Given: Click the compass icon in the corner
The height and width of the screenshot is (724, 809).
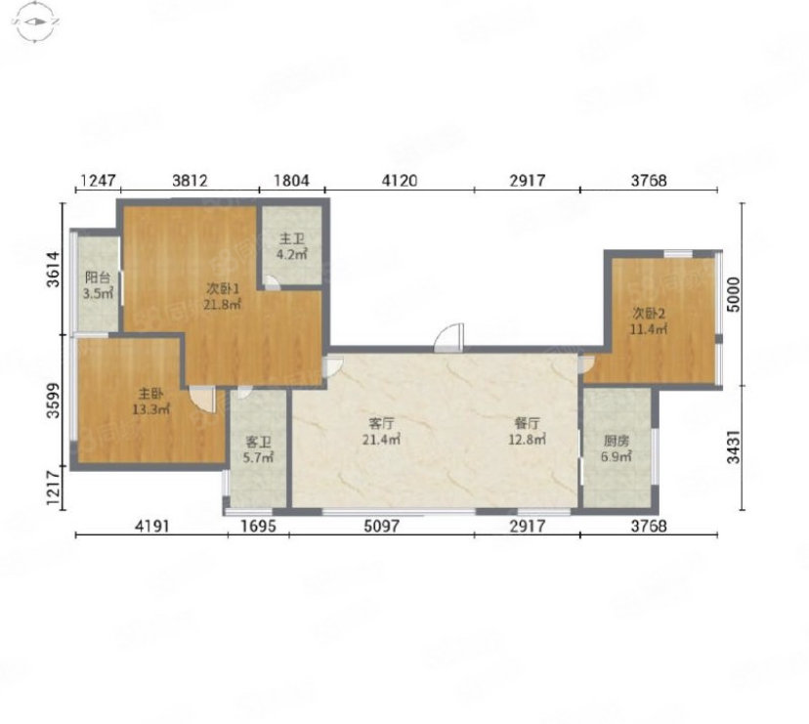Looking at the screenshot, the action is [x=36, y=21].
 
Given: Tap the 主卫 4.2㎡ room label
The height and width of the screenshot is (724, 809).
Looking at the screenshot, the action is [x=292, y=246].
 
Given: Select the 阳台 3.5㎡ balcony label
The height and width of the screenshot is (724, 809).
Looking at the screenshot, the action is [x=98, y=286].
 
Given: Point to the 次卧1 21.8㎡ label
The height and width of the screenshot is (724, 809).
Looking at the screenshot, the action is [x=223, y=296].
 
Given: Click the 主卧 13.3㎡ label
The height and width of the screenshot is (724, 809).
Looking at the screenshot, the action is [x=151, y=402].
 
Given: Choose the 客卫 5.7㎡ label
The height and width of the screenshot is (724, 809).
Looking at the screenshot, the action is [x=259, y=449].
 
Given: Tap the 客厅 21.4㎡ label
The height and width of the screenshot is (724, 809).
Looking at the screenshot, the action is [x=381, y=432].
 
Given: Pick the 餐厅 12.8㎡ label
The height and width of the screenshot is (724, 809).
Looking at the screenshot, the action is [x=527, y=432].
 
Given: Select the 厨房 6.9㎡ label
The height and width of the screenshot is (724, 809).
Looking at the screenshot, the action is [x=617, y=448].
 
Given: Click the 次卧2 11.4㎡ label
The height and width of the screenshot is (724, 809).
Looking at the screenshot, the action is [x=649, y=321].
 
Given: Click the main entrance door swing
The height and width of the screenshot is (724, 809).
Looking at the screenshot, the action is [x=448, y=338].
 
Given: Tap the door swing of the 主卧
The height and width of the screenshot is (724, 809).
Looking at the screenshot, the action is [x=202, y=400].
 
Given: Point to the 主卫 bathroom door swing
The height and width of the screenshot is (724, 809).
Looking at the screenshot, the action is [x=272, y=281].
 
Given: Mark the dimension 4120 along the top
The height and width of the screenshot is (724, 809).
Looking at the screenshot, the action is [x=400, y=181].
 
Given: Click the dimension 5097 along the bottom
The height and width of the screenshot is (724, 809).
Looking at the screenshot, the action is [x=381, y=526].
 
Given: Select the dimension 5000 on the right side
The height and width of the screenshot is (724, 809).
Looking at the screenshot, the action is [x=733, y=295].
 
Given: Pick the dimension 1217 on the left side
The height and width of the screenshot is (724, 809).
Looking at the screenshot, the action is [x=54, y=488].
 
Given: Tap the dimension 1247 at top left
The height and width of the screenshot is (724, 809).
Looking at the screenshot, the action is [x=98, y=181].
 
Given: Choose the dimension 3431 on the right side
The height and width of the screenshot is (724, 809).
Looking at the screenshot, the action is [x=733, y=447].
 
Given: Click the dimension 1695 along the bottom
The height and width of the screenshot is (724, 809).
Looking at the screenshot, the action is [x=259, y=526].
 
